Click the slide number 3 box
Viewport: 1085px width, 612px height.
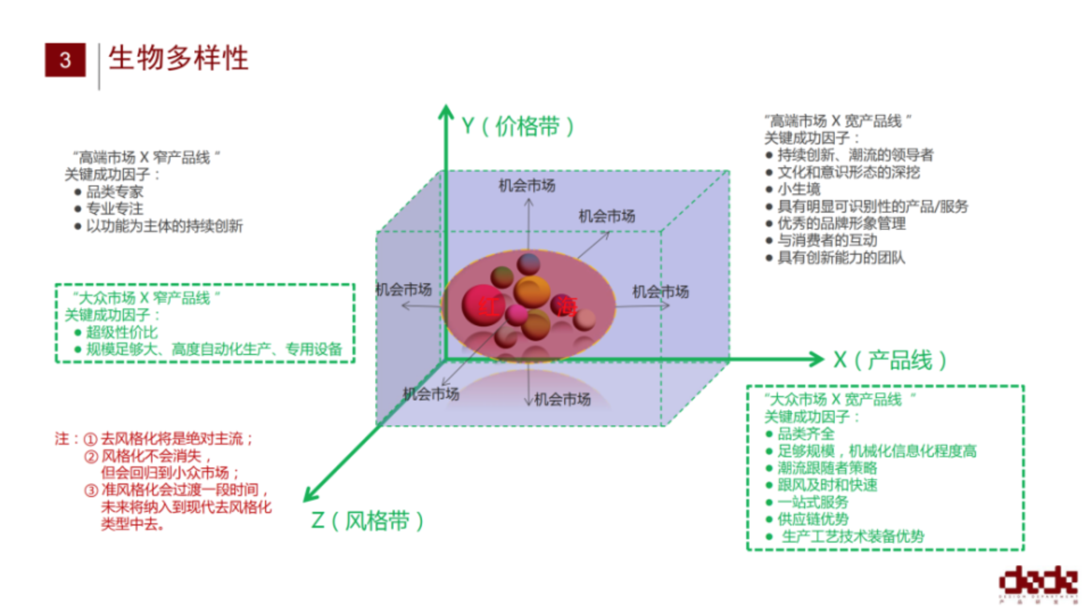coord(65,60)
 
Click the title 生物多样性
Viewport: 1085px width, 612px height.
coord(179,58)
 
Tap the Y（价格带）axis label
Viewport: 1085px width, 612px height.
coord(517,126)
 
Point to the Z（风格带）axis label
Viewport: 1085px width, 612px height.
coord(367,520)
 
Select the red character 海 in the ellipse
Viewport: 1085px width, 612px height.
coord(566,307)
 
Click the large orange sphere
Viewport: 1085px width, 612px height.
coord(532,291)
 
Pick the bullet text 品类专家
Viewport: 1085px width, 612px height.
coord(114,192)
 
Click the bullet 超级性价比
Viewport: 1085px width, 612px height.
coord(122,332)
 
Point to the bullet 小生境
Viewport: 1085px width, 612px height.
coord(799,189)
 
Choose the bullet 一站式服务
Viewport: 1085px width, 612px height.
coord(813,502)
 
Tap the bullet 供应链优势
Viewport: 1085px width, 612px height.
coord(813,519)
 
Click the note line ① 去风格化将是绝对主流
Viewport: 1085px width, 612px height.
coord(171,439)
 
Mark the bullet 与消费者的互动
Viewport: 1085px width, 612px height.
coord(827,241)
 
